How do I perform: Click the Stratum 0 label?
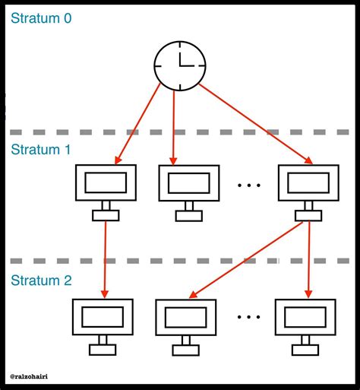point(42,18)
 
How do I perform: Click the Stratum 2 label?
point(42,281)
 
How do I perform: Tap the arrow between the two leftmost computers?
point(105,258)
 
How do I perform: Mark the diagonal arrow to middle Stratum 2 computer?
point(243,260)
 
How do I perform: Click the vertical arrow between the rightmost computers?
point(308,258)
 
